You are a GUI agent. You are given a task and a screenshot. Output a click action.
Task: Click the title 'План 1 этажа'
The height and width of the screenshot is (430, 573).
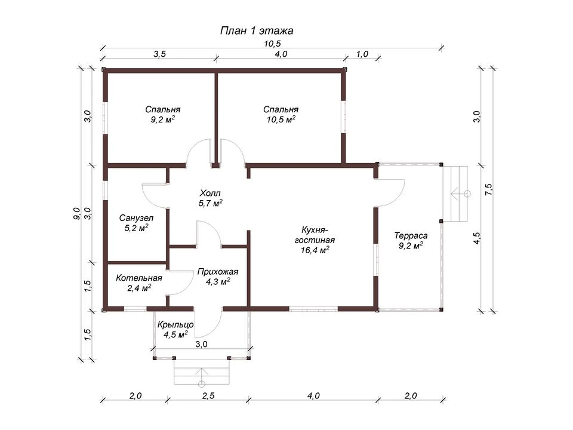[x=257, y=30]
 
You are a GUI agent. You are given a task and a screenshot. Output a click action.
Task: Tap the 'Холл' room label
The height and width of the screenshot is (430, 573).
[x=210, y=193]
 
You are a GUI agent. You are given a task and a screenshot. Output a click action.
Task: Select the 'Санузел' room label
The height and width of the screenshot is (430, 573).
[x=136, y=219]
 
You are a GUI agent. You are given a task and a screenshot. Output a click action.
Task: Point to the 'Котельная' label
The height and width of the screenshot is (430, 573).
[x=139, y=278]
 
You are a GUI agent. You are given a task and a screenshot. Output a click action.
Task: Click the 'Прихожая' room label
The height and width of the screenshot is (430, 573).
[x=218, y=272]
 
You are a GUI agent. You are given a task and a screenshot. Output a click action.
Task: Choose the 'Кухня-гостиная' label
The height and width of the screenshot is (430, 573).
[x=315, y=235]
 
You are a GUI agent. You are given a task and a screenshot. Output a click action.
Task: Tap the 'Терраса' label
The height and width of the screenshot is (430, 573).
[x=411, y=236]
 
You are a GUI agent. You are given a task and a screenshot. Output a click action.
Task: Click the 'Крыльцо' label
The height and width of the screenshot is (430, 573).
[x=175, y=325]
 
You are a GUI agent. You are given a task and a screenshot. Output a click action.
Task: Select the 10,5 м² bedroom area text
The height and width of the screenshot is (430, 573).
[x=281, y=119]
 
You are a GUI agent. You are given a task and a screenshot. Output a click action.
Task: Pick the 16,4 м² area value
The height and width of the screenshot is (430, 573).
[x=315, y=250]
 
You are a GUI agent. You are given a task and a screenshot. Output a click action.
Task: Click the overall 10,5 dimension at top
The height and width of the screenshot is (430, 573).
[x=272, y=44]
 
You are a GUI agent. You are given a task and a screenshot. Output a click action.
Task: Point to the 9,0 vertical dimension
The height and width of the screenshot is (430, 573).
[x=76, y=213]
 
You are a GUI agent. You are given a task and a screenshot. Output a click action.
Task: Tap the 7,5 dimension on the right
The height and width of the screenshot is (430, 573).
[x=489, y=189]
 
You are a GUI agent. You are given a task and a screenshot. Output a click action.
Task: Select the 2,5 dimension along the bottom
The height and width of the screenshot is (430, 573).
[x=208, y=395]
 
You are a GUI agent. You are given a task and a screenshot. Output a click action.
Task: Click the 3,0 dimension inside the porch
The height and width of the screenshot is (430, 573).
[x=201, y=344]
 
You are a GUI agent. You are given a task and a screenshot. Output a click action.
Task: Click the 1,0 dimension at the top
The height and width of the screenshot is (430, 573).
[x=362, y=54]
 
